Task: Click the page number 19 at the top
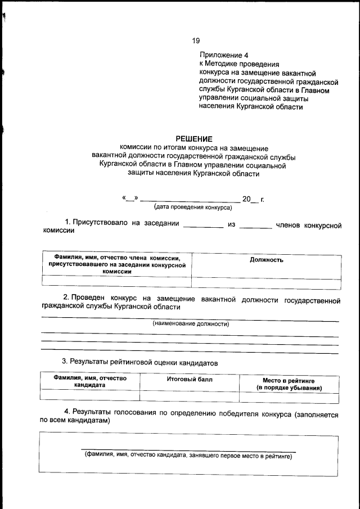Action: point(196,40)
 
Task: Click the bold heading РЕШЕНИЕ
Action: point(194,138)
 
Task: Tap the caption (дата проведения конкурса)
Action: point(193,207)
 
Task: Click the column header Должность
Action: point(266,260)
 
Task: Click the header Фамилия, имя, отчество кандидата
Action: point(90,382)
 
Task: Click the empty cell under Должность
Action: point(266,283)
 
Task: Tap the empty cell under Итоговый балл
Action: point(190,398)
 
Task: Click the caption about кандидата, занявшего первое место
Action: point(188,456)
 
